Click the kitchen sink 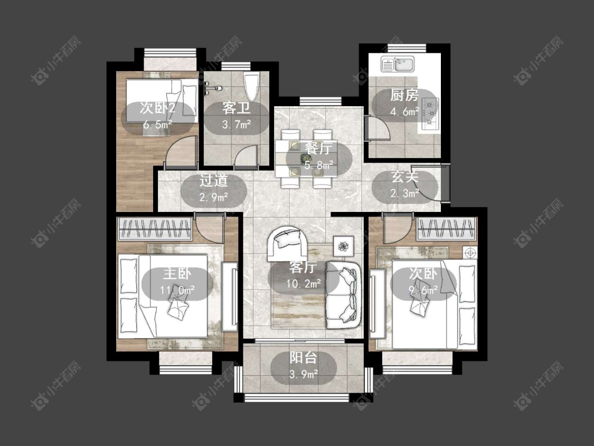click(398, 64)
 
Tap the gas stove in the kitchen click(430, 112)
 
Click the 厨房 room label click(404, 95)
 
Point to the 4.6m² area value click(404, 111)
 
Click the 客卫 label click(236, 108)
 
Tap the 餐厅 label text click(319, 148)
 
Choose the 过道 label click(214, 181)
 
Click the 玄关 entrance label click(404, 176)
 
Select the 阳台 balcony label click(303, 358)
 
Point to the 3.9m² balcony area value click(304, 374)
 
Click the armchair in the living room click(288, 243)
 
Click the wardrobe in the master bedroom click(155, 229)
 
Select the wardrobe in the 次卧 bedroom click(446, 229)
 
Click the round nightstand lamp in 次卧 click(470, 252)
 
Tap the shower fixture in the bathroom click(213, 88)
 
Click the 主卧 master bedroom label click(177, 273)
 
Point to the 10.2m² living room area click(304, 283)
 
